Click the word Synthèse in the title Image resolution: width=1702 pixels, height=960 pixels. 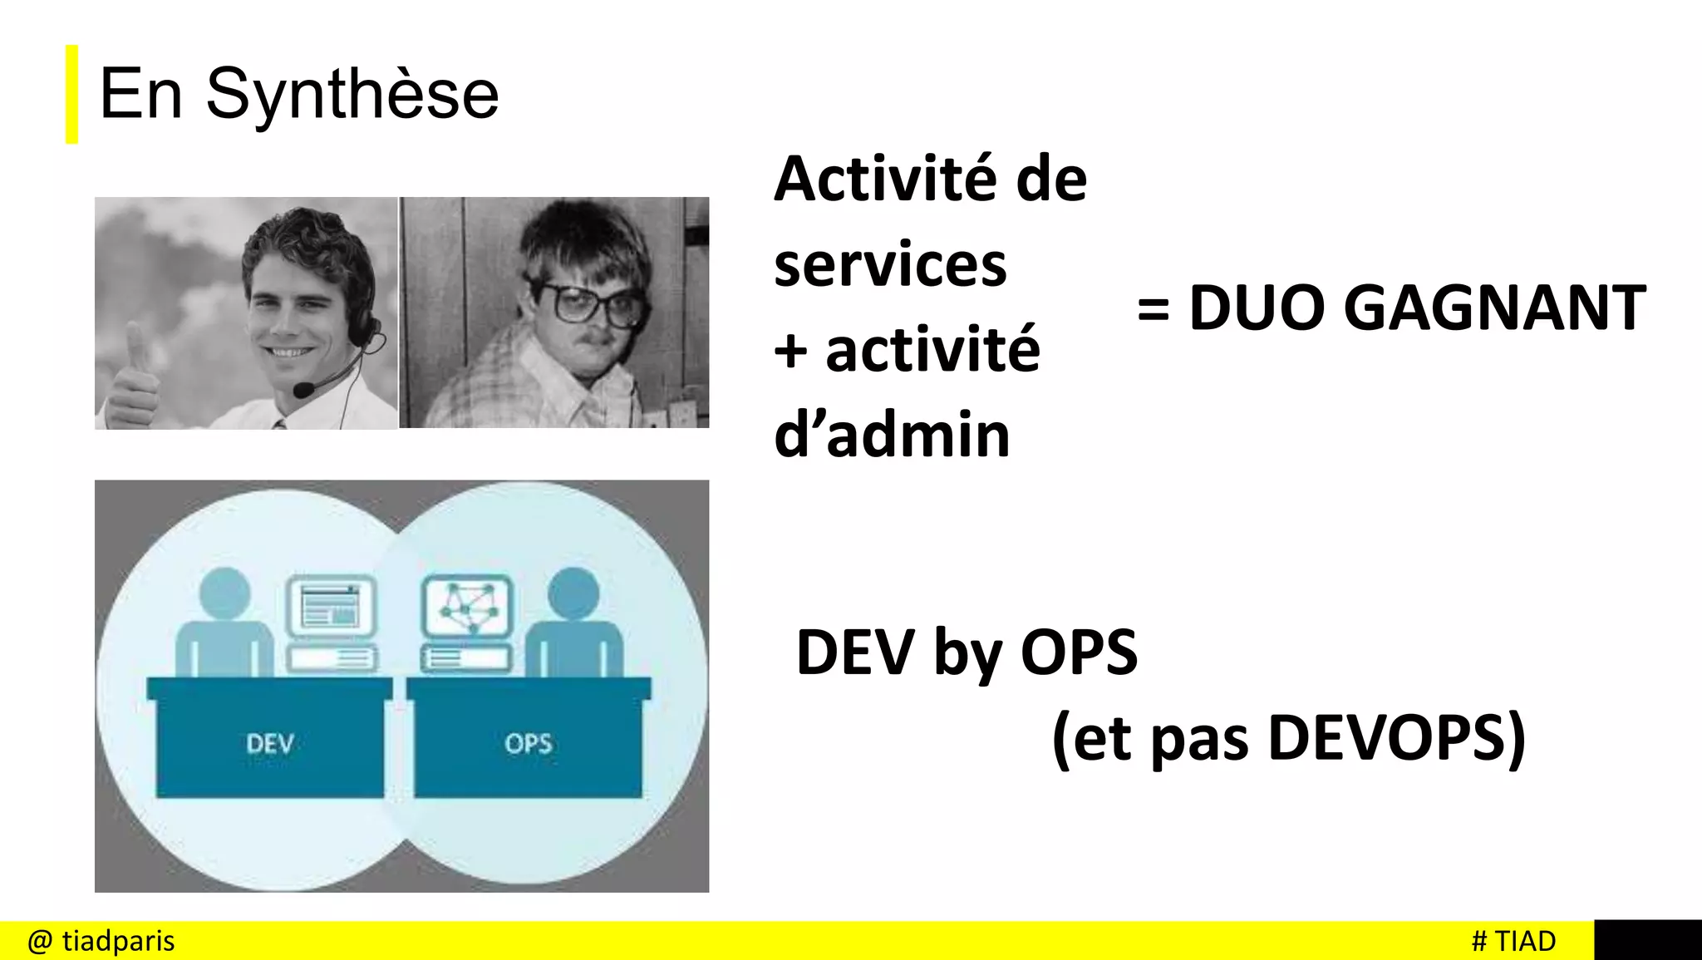[352, 95]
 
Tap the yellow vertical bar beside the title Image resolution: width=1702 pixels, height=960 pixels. [72, 95]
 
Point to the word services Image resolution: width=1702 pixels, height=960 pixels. [890, 265]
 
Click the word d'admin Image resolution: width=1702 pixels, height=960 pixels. [892, 435]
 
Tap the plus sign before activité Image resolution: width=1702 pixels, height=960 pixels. [790, 351]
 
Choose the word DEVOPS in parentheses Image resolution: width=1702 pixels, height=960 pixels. [1385, 738]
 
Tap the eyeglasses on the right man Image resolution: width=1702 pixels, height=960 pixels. [588, 303]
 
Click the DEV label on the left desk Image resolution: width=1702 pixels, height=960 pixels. [270, 743]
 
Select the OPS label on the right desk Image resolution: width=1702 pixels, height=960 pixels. [528, 743]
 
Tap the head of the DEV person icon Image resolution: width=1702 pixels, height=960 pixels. [225, 593]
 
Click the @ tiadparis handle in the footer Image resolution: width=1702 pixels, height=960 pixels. [101, 941]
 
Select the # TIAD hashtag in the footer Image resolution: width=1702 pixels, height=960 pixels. [1513, 941]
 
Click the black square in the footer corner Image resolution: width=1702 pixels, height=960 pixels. [1647, 940]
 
